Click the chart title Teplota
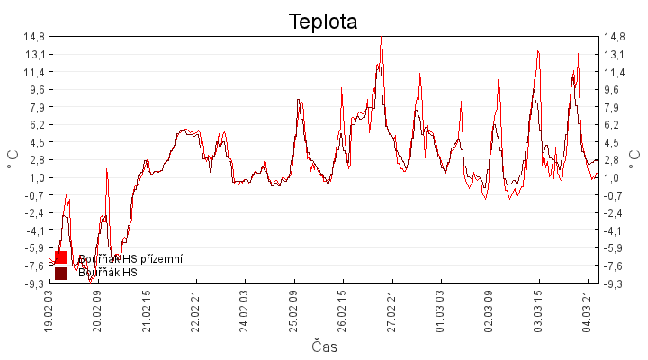pos(323,22)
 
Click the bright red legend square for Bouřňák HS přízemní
pos(61,258)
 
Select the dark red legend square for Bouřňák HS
pos(61,273)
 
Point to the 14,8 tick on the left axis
pos(34,37)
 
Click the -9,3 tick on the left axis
pos(34,283)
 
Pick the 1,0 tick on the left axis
pos(37,177)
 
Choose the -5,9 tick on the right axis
pos(616,248)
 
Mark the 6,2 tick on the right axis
pos(614,124)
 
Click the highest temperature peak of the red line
pos(382,39)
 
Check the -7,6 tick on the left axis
pos(34,265)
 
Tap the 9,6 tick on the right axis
pos(614,89)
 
